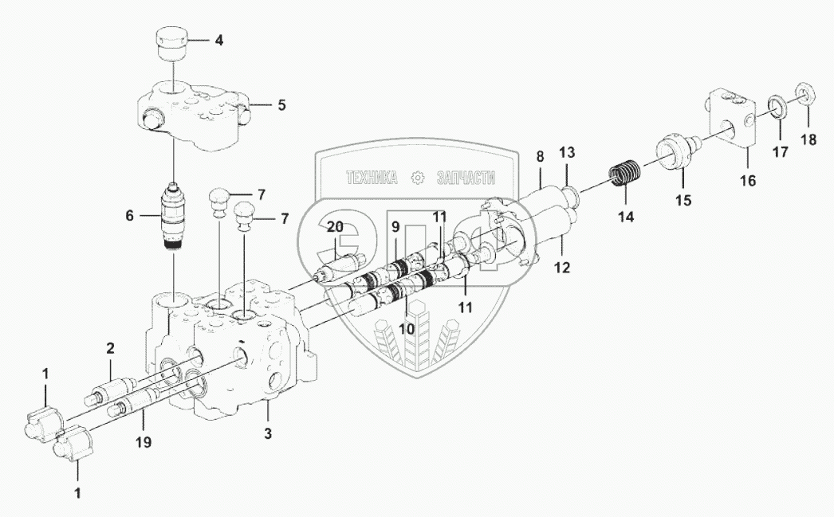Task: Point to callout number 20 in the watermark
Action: [x=335, y=227]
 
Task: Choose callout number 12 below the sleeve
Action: [x=563, y=268]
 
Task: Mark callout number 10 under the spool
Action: [x=407, y=327]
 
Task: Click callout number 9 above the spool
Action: [x=395, y=227]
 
